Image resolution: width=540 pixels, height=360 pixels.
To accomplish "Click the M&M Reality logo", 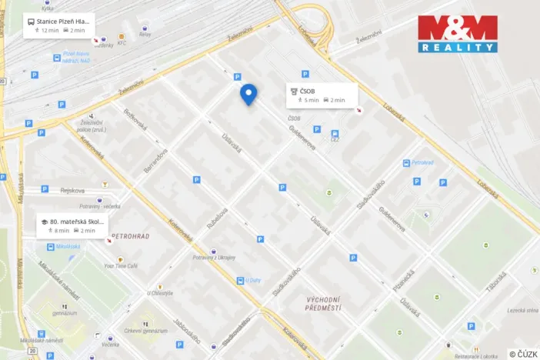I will (x=458, y=34).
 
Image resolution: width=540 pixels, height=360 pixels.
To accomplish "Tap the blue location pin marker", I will (x=248, y=94).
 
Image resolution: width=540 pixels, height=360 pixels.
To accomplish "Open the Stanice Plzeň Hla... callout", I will (x=59, y=25).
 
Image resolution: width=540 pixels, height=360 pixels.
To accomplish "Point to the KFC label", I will (x=122, y=43).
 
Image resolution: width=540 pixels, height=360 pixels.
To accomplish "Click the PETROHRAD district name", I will (x=130, y=235).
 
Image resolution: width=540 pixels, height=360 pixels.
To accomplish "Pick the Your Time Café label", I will (x=122, y=265).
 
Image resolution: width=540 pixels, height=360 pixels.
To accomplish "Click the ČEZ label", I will (x=335, y=139).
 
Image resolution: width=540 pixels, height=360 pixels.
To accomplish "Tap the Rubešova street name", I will (x=221, y=219).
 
